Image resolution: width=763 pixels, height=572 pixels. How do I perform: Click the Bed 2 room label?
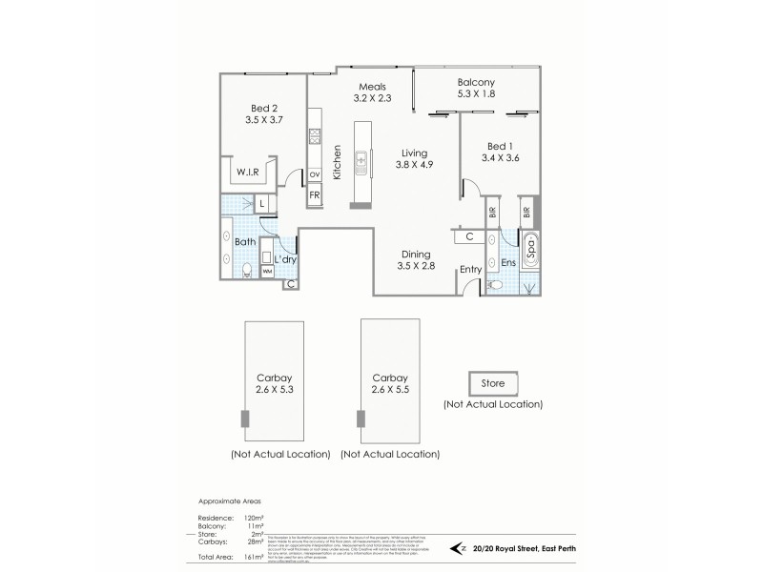[x=262, y=108]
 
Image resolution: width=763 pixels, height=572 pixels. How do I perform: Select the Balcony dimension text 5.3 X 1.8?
[x=476, y=94]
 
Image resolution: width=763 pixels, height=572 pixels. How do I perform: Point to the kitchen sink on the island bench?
[x=361, y=163]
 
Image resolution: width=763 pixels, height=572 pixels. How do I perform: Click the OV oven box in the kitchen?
[x=314, y=174]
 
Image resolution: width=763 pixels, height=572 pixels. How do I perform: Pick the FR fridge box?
[x=314, y=195]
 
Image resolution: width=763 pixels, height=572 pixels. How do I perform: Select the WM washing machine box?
[x=268, y=272]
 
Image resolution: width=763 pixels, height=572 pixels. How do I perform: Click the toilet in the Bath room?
[x=246, y=271]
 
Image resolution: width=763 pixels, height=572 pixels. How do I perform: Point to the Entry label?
[x=470, y=271]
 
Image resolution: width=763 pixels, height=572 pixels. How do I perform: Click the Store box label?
[x=493, y=384]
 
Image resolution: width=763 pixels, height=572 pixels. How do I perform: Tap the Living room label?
[x=414, y=153]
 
